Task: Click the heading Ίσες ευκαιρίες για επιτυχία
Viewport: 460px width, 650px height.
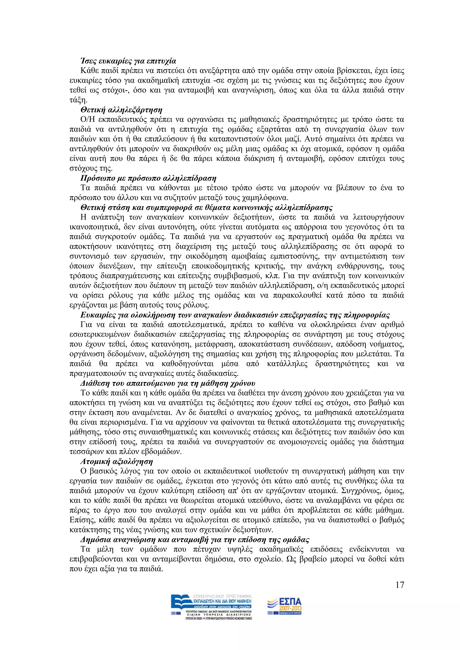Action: pos(128,61)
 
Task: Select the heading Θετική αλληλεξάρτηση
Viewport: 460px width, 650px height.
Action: pos(121,110)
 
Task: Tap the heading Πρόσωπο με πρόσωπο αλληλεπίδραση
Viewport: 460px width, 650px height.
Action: pos(148,178)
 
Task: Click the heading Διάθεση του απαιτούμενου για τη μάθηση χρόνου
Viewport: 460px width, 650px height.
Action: pos(168,383)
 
